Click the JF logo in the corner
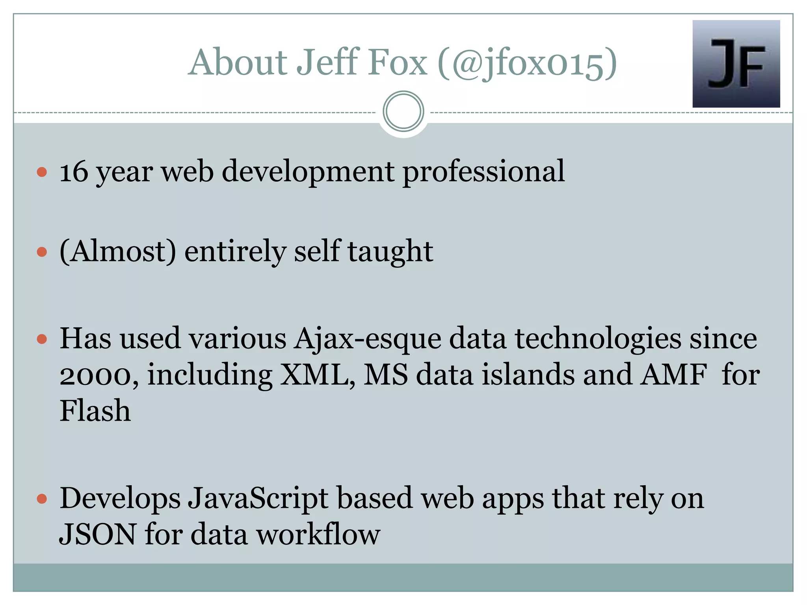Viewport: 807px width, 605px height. pyautogui.click(x=736, y=64)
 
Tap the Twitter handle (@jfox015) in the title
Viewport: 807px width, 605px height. pyautogui.click(x=527, y=63)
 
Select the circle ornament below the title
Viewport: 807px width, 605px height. pyautogui.click(x=403, y=111)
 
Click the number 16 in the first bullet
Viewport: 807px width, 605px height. pyautogui.click(x=74, y=172)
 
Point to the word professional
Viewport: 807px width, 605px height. pyautogui.click(x=483, y=172)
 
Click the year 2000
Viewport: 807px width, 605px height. pyautogui.click(x=99, y=375)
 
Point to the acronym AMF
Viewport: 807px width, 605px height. pyautogui.click(x=673, y=375)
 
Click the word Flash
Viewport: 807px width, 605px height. pyautogui.click(x=95, y=411)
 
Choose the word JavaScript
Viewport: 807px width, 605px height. pyautogui.click(x=258, y=499)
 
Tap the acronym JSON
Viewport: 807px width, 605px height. pyautogui.click(x=98, y=534)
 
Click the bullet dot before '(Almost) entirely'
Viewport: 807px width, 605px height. pyautogui.click(x=42, y=252)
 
